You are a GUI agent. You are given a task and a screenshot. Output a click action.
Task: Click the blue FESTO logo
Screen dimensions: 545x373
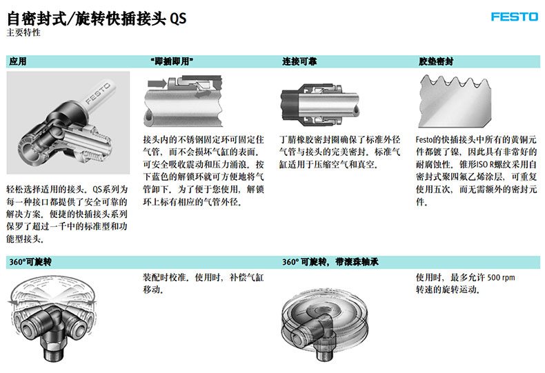tap(515, 17)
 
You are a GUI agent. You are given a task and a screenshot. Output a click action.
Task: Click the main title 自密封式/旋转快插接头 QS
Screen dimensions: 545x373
tap(97, 18)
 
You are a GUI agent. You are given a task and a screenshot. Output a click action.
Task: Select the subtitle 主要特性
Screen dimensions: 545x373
tap(23, 32)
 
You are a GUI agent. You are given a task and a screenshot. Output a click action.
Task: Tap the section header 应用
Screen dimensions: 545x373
tap(18, 61)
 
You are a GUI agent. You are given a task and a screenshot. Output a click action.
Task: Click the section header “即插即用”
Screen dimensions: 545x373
tap(172, 61)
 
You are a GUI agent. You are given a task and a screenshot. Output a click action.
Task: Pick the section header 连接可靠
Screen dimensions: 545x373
tap(299, 61)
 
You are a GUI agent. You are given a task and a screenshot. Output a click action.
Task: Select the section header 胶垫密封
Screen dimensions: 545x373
tap(436, 61)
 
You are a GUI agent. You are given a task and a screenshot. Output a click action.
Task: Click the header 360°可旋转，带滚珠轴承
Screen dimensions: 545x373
tap(330, 261)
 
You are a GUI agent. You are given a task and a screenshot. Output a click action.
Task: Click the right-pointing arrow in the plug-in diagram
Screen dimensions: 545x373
tap(157, 83)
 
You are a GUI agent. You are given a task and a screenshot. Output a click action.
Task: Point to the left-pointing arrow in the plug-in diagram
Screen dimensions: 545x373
tap(203, 94)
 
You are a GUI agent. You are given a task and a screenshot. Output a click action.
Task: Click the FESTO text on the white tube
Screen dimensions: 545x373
tap(98, 94)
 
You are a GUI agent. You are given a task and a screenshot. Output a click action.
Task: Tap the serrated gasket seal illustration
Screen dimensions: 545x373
tap(455, 101)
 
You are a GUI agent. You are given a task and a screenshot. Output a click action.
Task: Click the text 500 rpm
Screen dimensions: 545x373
tap(501, 277)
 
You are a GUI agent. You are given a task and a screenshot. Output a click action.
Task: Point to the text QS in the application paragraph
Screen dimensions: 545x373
tap(97, 190)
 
